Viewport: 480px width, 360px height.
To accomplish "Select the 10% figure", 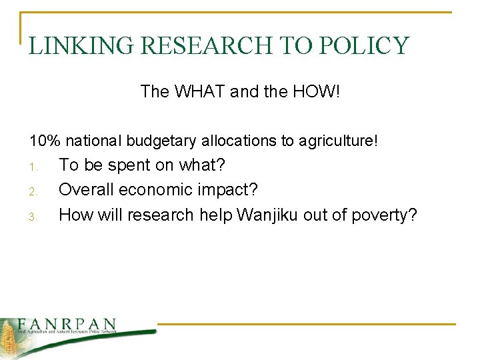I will (x=44, y=141).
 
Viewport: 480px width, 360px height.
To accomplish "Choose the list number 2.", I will (x=35, y=191).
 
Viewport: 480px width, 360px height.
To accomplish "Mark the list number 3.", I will (x=35, y=216).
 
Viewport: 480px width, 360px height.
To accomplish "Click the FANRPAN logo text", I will (x=67, y=323).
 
